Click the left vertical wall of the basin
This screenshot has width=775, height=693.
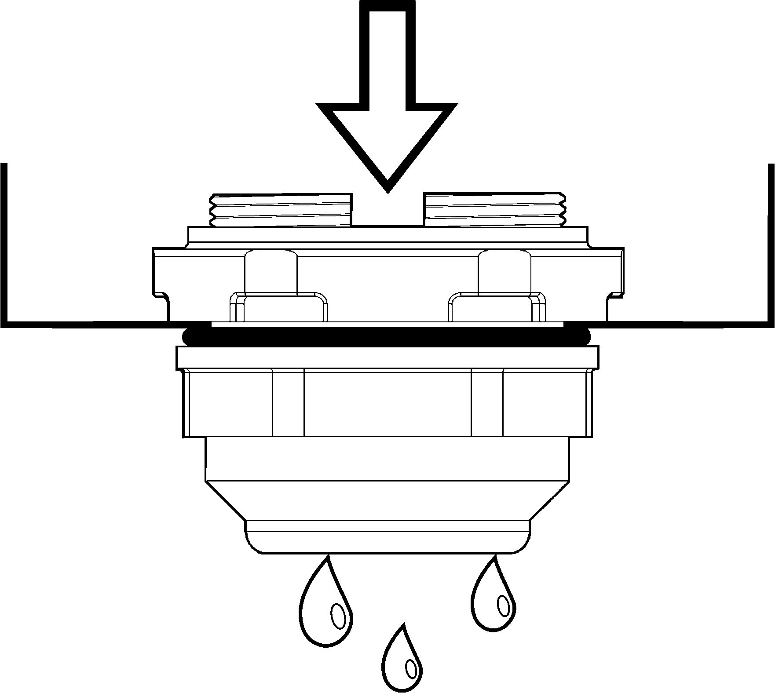(x=4, y=242)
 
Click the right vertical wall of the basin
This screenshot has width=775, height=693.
(x=771, y=242)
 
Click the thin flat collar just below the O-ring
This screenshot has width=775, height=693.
(x=387, y=357)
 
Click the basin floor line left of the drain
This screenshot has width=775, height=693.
(x=88, y=325)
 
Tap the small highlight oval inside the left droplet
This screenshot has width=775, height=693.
(x=338, y=614)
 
